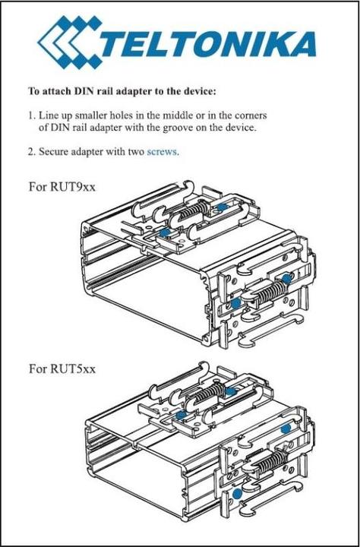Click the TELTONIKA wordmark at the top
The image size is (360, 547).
click(x=208, y=44)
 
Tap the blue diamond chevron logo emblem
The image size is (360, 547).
click(x=70, y=42)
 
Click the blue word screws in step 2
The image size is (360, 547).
click(x=163, y=152)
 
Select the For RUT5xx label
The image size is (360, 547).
click(x=62, y=368)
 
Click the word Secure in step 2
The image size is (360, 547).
click(x=54, y=152)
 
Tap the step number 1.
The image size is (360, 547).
click(x=31, y=115)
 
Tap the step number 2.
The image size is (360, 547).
click(x=31, y=152)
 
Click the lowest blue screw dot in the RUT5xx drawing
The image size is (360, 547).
click(x=238, y=494)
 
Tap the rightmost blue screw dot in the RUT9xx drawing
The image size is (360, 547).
click(x=286, y=279)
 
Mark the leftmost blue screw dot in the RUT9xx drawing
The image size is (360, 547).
click(x=164, y=232)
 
